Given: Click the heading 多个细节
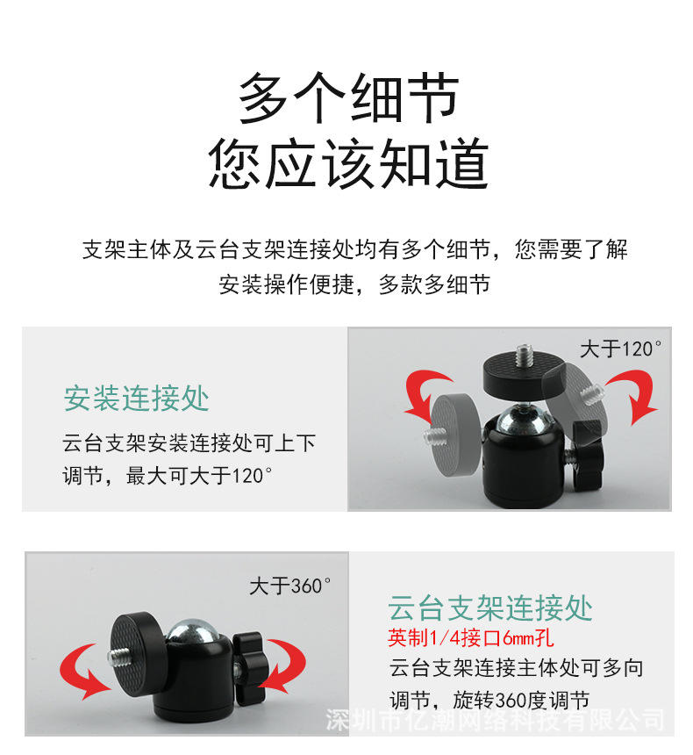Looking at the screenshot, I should coord(348,98).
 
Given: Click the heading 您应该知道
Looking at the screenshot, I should coord(348,164).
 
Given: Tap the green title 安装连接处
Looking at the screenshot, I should coord(136,399).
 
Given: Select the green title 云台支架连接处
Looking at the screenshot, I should coord(490,608).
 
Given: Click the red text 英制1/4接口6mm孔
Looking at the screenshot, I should coord(471,636).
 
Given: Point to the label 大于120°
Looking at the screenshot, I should coord(620,349).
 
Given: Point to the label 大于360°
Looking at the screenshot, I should coord(290,586).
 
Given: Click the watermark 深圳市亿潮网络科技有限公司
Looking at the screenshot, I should coord(495,721).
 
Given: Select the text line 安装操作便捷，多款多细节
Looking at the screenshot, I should coord(354,285).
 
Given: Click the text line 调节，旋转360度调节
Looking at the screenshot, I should coord(489,700).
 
